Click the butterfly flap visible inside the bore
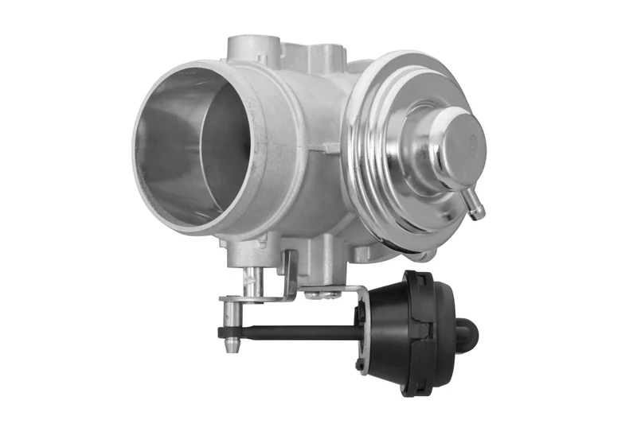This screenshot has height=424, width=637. pos(223,159)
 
